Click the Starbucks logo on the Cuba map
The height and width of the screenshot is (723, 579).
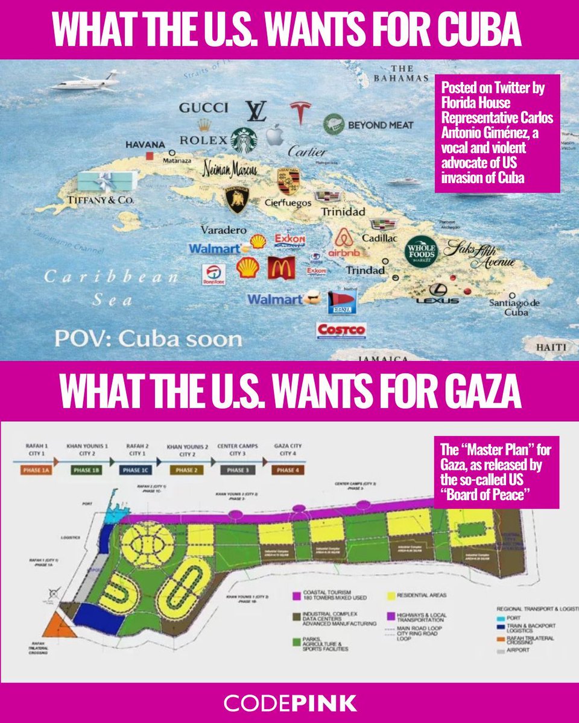point(244,140)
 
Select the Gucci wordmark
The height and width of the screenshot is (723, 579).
point(203,108)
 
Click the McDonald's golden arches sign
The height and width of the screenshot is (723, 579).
point(281,268)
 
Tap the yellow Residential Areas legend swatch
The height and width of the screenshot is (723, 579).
point(394,595)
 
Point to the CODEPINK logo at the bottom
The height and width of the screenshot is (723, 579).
point(289,703)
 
